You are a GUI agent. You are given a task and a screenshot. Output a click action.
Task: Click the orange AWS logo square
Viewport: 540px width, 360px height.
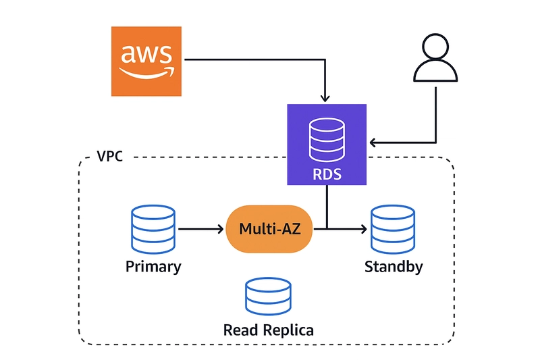tap(146, 61)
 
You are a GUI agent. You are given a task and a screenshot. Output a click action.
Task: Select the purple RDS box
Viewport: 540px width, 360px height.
tap(327, 145)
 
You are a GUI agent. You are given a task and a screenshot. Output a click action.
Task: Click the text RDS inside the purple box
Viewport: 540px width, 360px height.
tap(327, 175)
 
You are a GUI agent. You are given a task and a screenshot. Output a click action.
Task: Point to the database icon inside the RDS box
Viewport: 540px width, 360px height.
tap(327, 138)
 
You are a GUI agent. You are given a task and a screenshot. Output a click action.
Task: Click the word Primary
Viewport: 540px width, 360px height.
tap(153, 267)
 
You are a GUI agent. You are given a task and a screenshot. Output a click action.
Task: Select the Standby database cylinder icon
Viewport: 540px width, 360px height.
tap(393, 229)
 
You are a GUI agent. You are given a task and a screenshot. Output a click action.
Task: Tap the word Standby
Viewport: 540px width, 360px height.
tap(394, 267)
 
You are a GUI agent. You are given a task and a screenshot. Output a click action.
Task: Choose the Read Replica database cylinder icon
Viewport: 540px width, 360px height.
tap(269, 296)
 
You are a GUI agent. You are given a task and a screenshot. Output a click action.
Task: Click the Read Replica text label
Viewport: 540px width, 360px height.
tap(269, 330)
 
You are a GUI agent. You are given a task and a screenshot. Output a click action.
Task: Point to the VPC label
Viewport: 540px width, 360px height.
tap(111, 156)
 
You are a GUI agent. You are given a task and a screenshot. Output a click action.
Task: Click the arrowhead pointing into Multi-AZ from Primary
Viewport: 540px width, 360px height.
tap(219, 229)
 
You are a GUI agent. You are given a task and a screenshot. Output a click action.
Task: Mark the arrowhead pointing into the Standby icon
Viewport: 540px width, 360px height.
tap(365, 229)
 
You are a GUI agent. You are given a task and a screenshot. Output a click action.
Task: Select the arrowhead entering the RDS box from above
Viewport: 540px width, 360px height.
tap(327, 100)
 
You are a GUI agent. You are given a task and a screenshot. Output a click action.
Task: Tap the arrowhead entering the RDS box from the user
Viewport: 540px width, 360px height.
tap(372, 143)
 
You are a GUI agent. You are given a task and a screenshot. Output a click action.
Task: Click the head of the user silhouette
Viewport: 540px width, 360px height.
tap(435, 48)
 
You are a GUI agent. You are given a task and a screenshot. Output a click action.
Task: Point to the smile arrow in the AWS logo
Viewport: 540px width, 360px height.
tap(147, 72)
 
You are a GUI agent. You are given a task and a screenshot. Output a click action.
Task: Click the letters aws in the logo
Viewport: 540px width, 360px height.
tap(145, 54)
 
